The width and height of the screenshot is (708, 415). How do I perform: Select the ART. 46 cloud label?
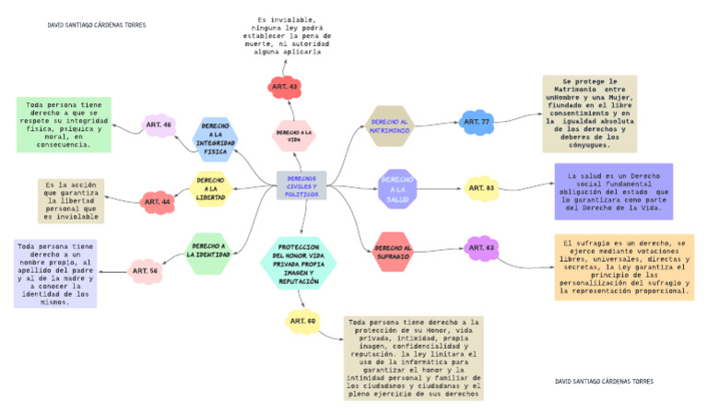pos(159,124)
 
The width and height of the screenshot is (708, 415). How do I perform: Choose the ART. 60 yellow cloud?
pos(302,321)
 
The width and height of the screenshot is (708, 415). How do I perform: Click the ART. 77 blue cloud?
pos(477,121)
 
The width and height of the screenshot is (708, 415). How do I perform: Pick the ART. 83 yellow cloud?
pos(481,188)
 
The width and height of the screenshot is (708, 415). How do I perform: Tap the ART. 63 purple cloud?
pos(482,248)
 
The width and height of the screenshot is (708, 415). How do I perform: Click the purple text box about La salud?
pos(613,192)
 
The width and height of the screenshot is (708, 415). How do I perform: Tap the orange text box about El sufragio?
pos(624,267)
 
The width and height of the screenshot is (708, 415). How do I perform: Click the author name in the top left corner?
pos(97,25)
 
